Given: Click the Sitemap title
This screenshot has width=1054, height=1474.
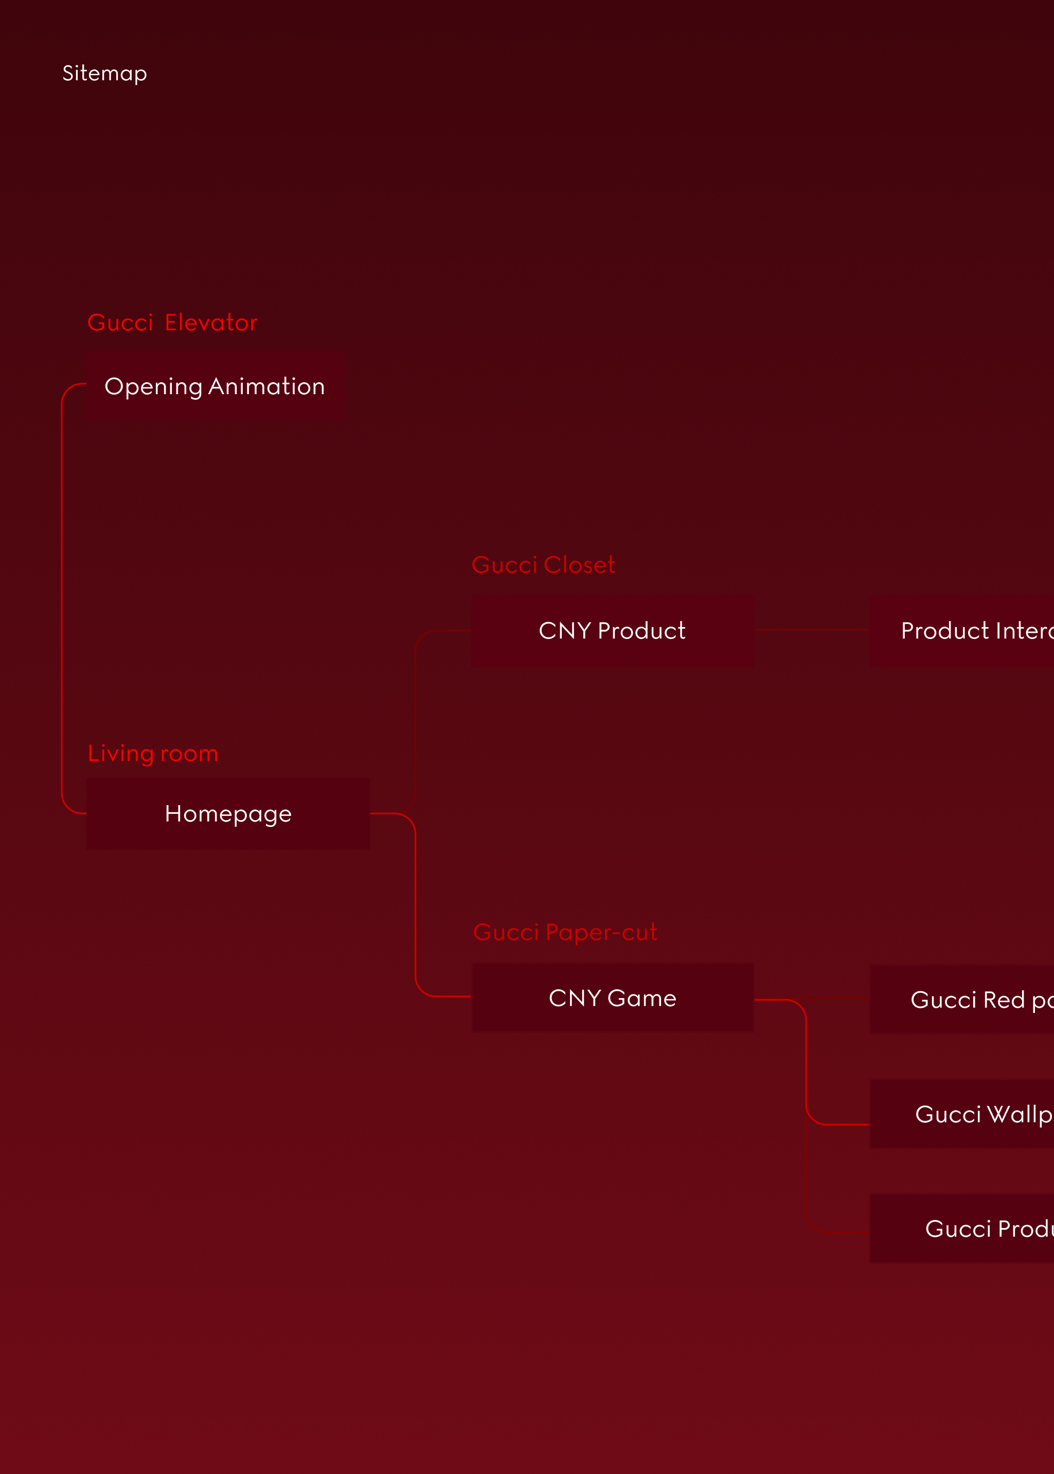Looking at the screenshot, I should click(x=104, y=74).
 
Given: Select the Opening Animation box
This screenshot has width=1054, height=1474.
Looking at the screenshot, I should click(x=216, y=386).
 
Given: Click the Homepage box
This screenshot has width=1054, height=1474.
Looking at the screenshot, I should click(x=228, y=813).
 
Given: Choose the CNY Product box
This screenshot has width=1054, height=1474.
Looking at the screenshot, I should click(x=612, y=630).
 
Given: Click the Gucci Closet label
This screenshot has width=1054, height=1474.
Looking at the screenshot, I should click(x=543, y=565).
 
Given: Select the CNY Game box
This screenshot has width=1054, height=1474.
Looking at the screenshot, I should click(x=612, y=998).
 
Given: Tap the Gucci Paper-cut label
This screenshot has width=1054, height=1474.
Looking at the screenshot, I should click(x=565, y=932).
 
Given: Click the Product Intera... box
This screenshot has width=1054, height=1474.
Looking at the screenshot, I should click(x=967, y=630).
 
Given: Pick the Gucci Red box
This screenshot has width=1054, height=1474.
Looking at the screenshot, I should click(x=967, y=1000).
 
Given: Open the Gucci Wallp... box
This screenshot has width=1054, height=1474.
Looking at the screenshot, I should click(x=967, y=1114).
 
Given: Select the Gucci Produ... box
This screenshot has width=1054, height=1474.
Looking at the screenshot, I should click(x=967, y=1229).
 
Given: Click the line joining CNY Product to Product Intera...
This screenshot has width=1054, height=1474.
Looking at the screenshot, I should click(x=812, y=630).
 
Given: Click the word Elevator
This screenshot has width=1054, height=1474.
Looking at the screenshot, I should click(x=211, y=323).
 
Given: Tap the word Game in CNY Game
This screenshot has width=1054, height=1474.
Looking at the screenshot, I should click(x=642, y=998).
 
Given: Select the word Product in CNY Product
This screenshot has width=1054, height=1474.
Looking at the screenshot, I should click(x=641, y=630).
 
